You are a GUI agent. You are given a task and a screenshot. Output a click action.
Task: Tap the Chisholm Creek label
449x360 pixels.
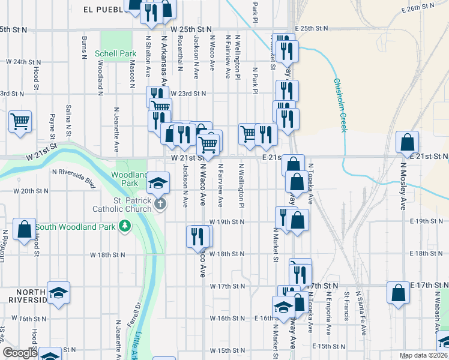(x=340, y=106)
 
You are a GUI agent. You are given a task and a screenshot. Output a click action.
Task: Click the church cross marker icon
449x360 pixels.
(x=160, y=205)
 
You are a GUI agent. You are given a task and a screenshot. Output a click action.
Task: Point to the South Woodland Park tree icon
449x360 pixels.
(x=125, y=226)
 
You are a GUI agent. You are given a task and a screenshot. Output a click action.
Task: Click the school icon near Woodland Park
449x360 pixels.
(x=158, y=182)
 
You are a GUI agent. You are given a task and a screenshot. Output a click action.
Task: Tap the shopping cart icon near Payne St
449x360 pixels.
(x=20, y=121)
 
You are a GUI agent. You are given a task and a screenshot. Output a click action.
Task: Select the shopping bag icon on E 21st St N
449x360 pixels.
(x=408, y=142)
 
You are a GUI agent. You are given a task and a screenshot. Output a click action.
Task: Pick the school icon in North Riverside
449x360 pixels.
(x=59, y=292)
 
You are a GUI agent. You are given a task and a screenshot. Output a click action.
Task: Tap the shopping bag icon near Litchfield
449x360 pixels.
(x=24, y=229)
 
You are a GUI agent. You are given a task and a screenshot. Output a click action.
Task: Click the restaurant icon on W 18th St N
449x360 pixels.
(x=196, y=236)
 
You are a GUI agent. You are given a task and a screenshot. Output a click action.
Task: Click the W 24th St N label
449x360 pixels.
(x=23, y=61)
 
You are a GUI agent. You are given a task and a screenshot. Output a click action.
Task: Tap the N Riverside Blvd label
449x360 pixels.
(x=74, y=178)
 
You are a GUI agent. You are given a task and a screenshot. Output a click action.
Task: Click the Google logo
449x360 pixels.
(x=20, y=353)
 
